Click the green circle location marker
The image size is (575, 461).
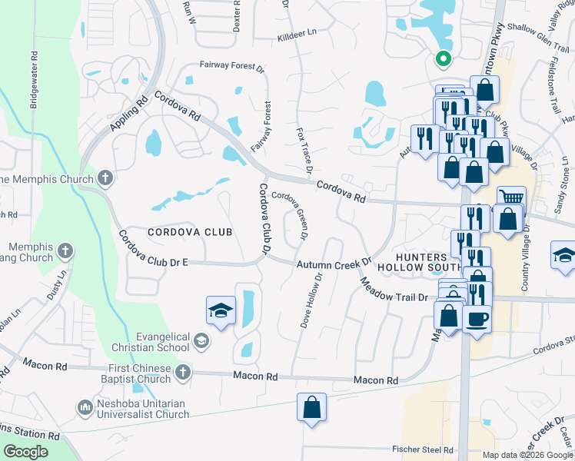point(443,58)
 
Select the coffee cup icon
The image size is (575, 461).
point(477,317)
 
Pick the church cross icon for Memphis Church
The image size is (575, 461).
point(106,178)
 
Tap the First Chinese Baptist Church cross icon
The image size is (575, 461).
point(182,373)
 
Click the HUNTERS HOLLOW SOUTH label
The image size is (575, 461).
point(420,262)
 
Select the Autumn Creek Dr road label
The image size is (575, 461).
point(334,264)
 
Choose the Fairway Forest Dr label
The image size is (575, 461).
point(232,67)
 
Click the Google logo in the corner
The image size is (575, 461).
point(26,452)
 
